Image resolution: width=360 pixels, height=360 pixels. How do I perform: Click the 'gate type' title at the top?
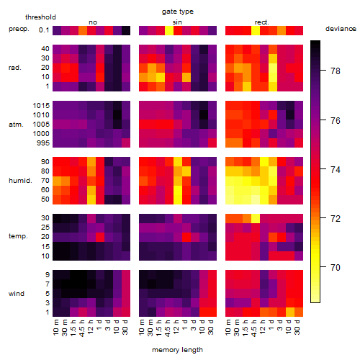[x=178, y=12]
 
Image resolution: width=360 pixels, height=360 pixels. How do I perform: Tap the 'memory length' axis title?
[x=177, y=350]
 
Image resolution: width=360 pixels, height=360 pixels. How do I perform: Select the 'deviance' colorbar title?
[x=341, y=29]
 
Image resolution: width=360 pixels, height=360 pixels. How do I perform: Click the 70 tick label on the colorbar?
[x=336, y=267]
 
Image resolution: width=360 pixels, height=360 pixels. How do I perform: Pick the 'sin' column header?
[x=177, y=22]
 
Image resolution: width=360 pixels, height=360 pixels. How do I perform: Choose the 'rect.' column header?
[x=261, y=22]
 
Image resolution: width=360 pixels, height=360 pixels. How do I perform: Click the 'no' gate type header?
[x=93, y=22]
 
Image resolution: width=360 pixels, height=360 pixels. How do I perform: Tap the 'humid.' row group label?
[x=20, y=181]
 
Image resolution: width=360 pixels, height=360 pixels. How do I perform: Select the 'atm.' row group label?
[x=16, y=125]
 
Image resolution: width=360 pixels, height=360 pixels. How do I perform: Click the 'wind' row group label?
[x=17, y=294]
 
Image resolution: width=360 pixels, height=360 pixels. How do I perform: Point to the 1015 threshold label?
[x=41, y=105]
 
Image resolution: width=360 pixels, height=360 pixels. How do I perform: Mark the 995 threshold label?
[x=43, y=143]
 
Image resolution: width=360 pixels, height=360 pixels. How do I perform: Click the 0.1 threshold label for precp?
[x=44, y=30]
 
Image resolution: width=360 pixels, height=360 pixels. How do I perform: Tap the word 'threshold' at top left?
[x=40, y=17]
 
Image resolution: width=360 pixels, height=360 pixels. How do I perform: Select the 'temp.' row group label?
[x=18, y=236]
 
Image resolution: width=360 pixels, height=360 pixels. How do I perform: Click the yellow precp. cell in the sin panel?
[x=169, y=30]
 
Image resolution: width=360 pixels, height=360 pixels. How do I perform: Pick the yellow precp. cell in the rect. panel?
[x=256, y=30]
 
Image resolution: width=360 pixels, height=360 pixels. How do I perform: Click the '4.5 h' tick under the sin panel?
[x=168, y=328]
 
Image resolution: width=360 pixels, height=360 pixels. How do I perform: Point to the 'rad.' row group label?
[x=15, y=68]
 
